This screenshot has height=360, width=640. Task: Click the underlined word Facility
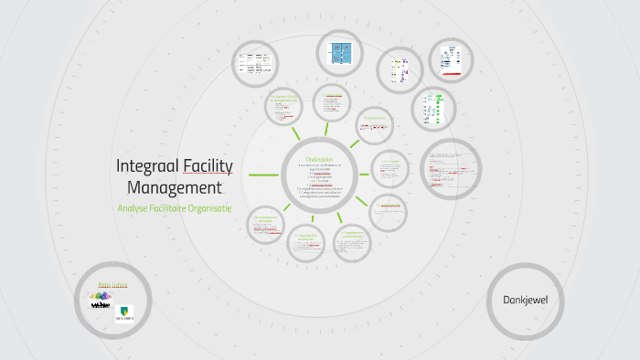[208, 166]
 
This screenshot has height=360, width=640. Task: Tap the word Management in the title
[175, 188]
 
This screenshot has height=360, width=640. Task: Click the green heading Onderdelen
[323, 157]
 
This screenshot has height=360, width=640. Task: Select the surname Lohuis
[119, 284]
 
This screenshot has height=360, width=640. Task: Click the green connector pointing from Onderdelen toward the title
[265, 175]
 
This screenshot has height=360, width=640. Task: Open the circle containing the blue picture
[340, 53]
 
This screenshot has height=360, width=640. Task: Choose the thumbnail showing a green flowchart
[432, 111]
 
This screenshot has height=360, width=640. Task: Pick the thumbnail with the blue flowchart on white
[450, 61]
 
